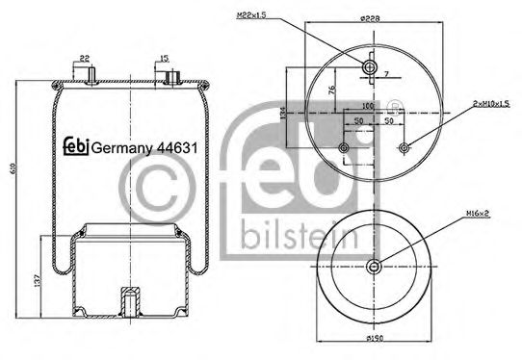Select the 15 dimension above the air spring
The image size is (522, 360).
[x=166, y=58]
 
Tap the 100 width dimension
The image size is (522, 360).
[x=367, y=107]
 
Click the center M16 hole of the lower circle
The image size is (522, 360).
[x=374, y=267]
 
